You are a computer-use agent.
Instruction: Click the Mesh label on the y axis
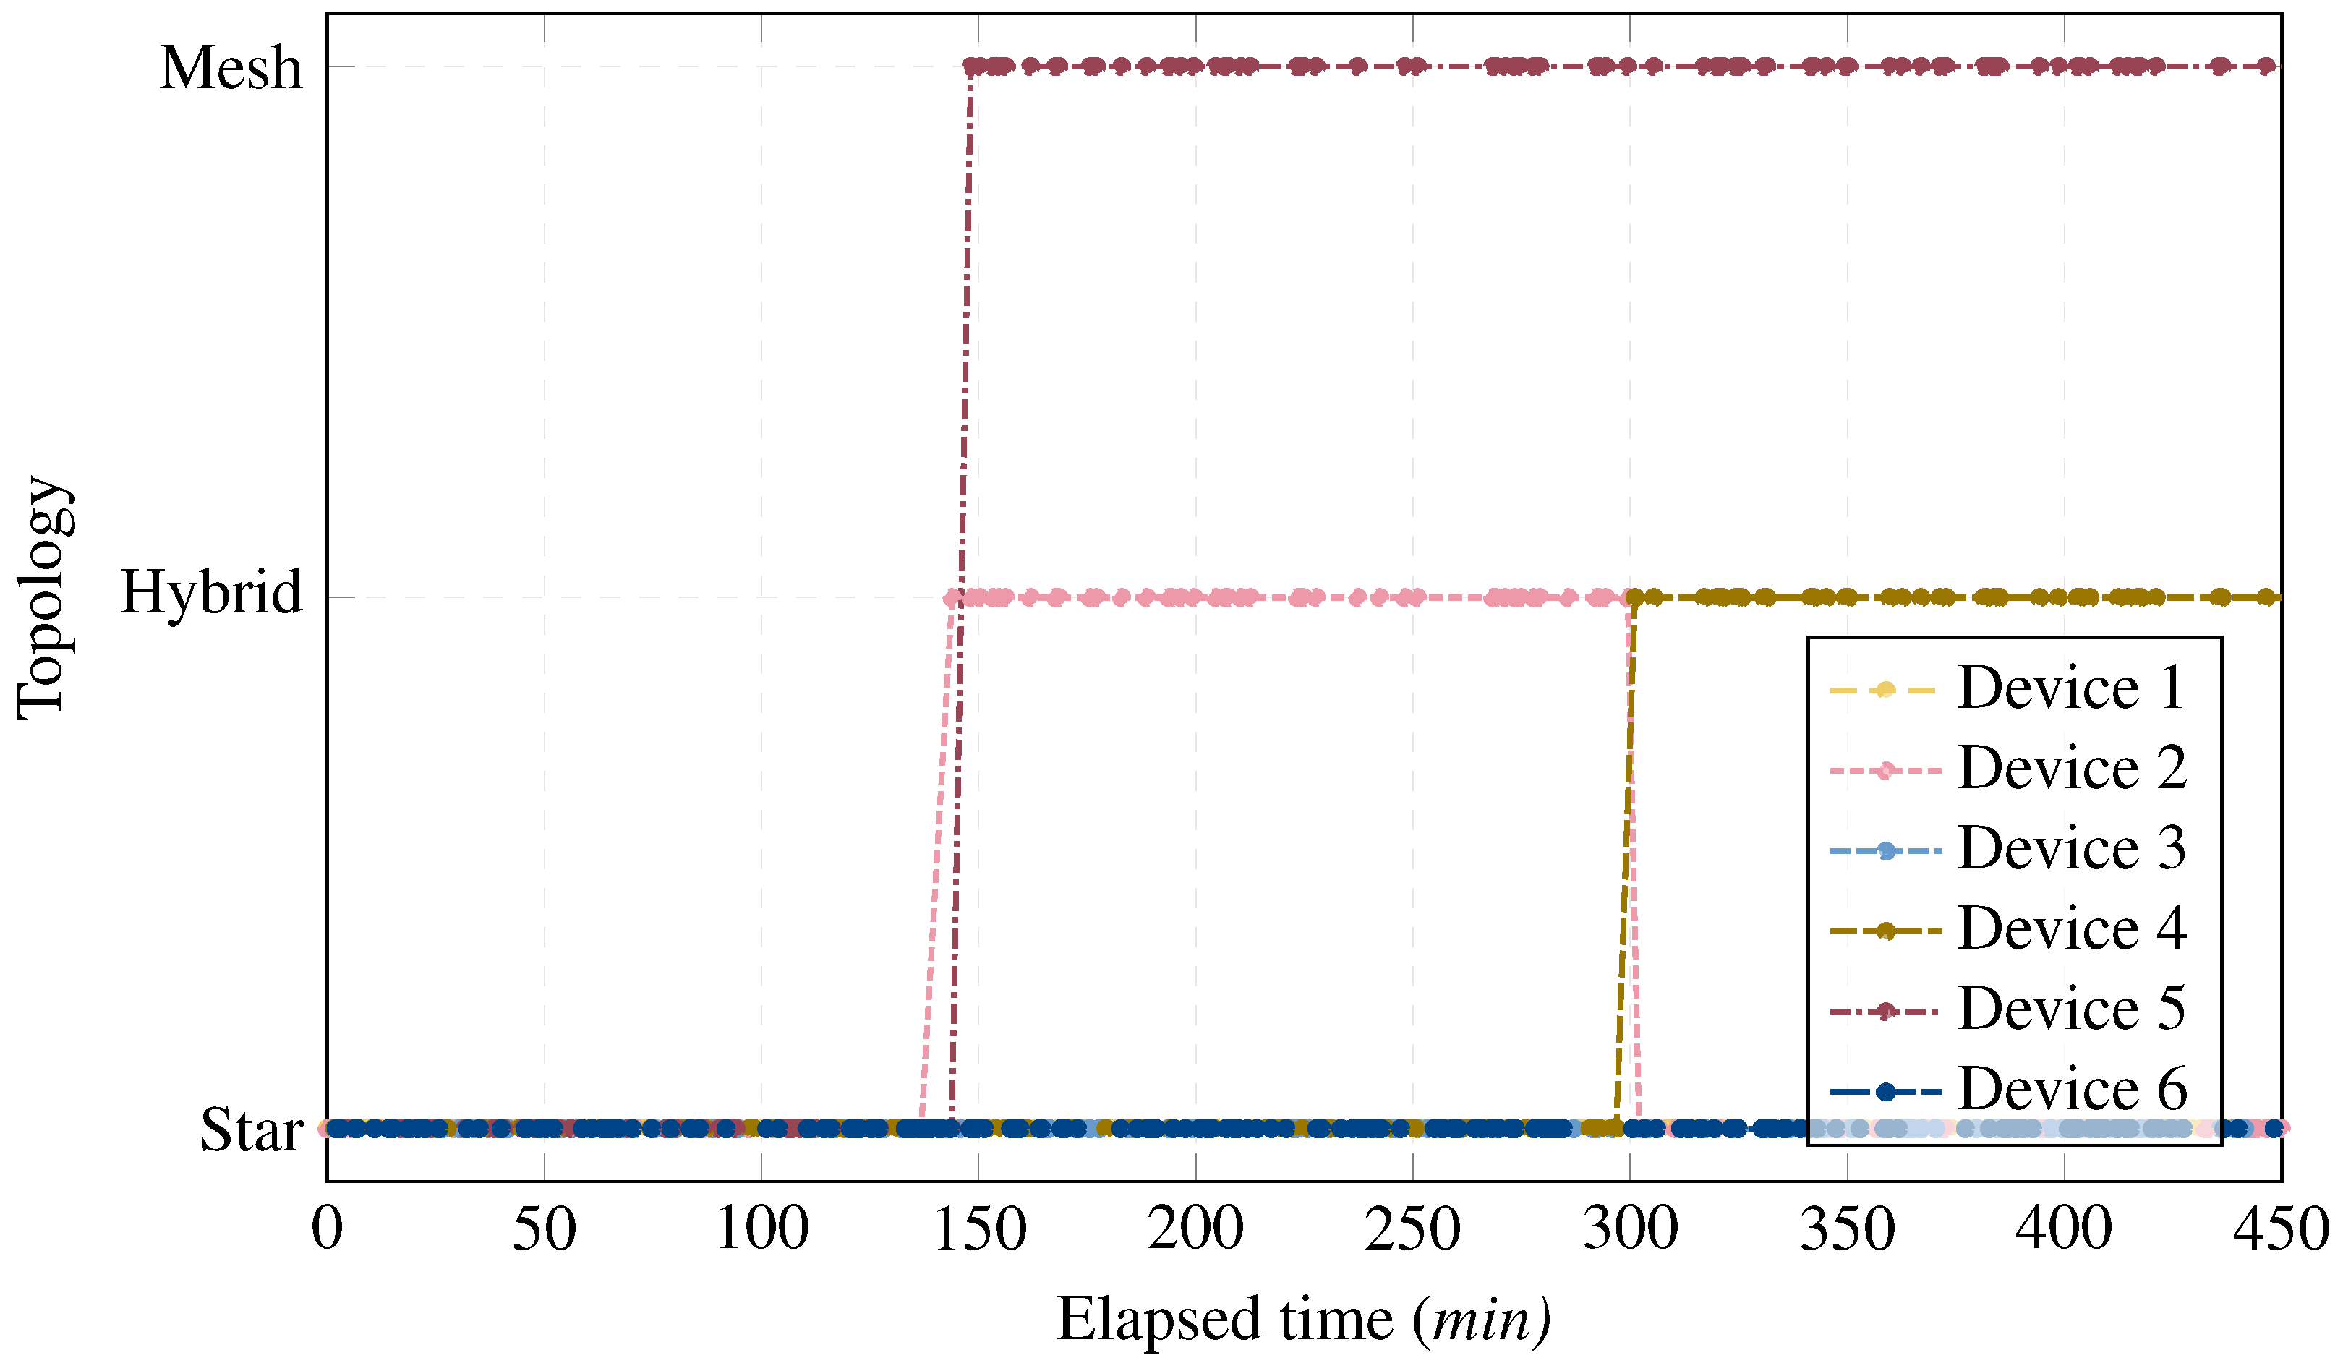click(x=231, y=69)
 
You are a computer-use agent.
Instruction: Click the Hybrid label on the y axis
click(x=211, y=592)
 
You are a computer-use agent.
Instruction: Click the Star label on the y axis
click(x=251, y=1131)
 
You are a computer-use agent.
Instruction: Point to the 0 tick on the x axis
click(x=328, y=1230)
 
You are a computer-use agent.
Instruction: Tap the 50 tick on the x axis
click(x=544, y=1230)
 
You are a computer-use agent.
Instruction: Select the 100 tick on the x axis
click(x=761, y=1230)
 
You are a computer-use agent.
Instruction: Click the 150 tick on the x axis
click(x=978, y=1230)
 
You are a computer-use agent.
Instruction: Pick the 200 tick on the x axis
click(x=1195, y=1230)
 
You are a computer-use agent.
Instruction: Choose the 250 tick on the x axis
click(x=1412, y=1230)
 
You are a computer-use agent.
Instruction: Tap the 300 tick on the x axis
click(x=1629, y=1230)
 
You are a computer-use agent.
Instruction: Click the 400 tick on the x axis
click(x=2063, y=1230)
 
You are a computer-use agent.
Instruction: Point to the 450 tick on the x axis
click(x=2281, y=1230)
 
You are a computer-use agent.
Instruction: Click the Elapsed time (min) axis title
click(x=1304, y=1319)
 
